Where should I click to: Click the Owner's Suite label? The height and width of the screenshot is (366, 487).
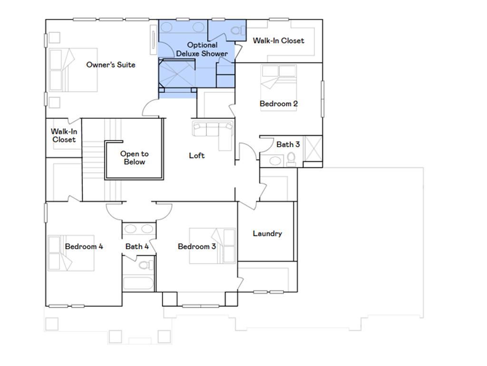point(110,65)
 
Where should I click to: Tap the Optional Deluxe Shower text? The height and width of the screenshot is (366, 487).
point(202,50)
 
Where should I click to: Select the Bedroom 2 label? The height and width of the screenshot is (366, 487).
point(279,103)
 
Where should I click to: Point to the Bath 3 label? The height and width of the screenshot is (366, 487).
point(288,144)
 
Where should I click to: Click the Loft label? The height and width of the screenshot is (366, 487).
point(197,155)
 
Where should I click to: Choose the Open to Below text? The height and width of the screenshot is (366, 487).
point(134,158)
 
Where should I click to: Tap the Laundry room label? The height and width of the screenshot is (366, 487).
point(267,234)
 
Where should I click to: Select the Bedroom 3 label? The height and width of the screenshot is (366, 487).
point(197,246)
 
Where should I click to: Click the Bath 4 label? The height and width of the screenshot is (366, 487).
point(137,246)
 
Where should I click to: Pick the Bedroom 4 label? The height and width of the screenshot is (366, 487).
point(84,246)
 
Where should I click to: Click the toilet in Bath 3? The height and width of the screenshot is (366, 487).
point(292,160)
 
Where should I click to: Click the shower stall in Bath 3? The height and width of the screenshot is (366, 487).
point(313,149)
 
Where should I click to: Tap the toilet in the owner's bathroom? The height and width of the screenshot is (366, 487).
point(237,31)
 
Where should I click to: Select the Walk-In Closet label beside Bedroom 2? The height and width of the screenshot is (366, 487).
point(278,41)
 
